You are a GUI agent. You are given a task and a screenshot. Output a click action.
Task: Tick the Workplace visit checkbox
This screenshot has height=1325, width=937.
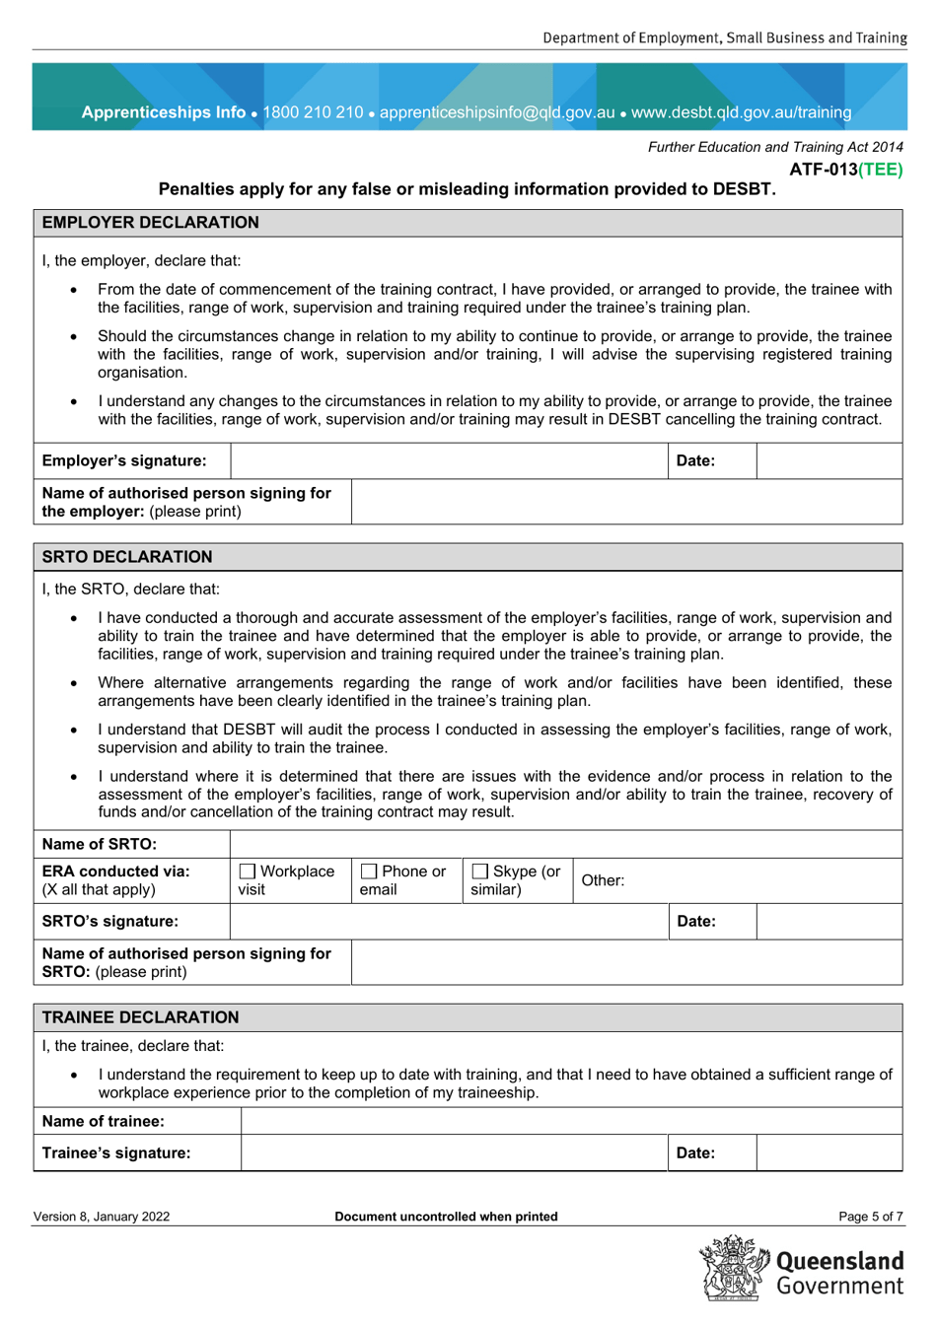[248, 872]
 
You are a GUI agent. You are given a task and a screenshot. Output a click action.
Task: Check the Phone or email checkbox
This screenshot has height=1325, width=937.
[369, 872]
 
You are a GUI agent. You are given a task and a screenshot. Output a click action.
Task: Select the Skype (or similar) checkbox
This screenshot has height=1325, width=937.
[480, 872]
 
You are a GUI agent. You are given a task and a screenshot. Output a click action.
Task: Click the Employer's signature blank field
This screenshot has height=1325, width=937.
[450, 461]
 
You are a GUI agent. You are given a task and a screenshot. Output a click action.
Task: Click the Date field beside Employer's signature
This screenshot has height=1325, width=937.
[829, 461]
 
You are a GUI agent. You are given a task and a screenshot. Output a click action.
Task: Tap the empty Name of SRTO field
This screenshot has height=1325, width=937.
[565, 844]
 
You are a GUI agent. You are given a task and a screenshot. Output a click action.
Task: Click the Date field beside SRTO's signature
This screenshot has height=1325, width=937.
[829, 922]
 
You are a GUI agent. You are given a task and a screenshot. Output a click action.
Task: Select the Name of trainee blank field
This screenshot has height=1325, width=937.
[571, 1121]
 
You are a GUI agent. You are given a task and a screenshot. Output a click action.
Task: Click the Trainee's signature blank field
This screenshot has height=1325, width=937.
[454, 1153]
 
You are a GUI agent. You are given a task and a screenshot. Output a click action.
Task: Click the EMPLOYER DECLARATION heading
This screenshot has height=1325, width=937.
[150, 223]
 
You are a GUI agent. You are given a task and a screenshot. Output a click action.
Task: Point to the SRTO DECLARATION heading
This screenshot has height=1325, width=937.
[127, 557]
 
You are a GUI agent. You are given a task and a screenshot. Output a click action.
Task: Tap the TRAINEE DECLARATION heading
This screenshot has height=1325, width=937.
[140, 1017]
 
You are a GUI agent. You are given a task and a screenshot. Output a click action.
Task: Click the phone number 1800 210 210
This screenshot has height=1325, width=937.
[313, 112]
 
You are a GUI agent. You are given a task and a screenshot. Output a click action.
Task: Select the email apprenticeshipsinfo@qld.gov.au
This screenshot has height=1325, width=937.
[497, 112]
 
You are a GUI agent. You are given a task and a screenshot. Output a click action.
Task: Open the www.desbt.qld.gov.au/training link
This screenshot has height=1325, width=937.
[741, 112]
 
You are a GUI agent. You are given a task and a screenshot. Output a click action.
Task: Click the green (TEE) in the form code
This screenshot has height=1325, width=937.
[880, 170]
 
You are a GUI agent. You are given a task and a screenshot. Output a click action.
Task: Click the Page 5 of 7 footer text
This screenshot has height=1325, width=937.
[870, 1217]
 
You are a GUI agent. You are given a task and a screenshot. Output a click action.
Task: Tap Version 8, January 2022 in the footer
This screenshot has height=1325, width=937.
[102, 1217]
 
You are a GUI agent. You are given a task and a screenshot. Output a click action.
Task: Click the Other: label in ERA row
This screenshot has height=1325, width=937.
[603, 880]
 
